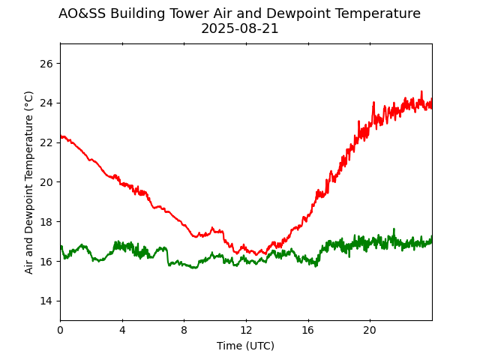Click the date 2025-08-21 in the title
point(239,28)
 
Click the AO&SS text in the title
point(82,13)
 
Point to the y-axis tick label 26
point(46,64)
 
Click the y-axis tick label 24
point(46,103)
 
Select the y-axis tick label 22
point(46,142)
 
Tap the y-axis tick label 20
point(46,182)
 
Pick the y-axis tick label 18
point(46,222)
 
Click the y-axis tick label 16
point(46,261)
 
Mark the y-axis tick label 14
point(46,301)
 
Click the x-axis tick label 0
point(61,331)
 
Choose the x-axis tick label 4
point(122,331)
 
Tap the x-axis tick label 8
point(184,331)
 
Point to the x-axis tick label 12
point(246,331)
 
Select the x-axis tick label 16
point(308,331)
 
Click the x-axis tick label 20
point(370,331)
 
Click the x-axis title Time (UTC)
point(245,346)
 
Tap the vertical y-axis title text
point(29,182)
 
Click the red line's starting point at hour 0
point(61,136)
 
